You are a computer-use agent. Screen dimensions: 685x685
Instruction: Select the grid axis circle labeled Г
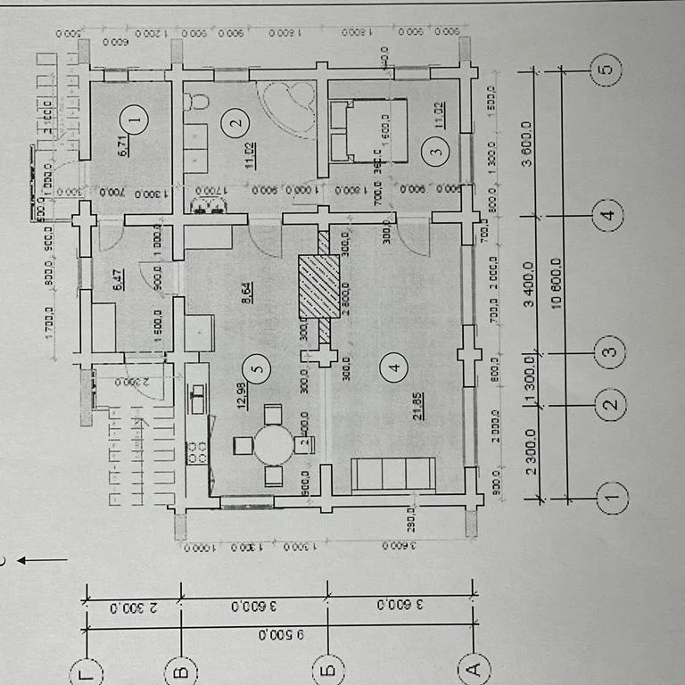(x=85, y=665)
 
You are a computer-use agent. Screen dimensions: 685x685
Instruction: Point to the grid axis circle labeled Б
(x=328, y=665)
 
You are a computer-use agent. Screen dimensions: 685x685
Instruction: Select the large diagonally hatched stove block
(x=319, y=285)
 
